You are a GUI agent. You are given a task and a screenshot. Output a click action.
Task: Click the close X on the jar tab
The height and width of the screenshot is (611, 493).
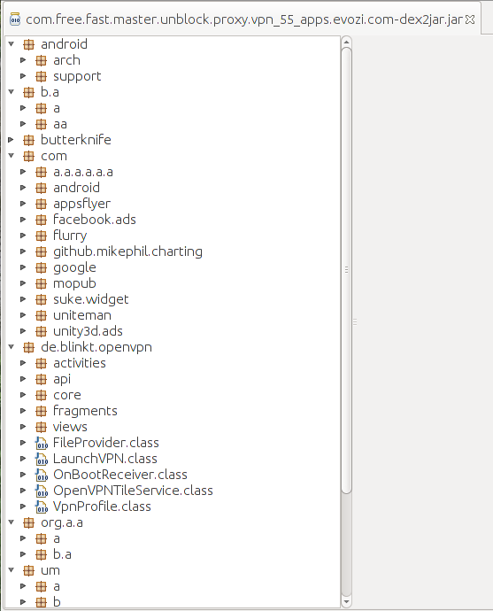click(470, 19)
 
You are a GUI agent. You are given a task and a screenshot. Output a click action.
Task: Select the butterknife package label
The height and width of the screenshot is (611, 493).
click(76, 140)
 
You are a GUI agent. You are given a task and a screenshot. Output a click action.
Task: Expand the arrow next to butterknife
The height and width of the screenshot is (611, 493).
click(11, 140)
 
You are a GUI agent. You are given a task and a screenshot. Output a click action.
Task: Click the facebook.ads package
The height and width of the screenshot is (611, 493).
click(95, 220)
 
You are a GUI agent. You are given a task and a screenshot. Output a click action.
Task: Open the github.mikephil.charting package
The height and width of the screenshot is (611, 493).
click(127, 251)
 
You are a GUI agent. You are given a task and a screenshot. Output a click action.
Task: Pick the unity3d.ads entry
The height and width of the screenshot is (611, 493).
click(88, 331)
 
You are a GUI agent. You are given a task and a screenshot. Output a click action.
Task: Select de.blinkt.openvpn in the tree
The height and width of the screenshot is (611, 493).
click(96, 347)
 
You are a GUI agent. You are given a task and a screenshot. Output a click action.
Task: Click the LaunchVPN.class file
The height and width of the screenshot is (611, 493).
click(105, 459)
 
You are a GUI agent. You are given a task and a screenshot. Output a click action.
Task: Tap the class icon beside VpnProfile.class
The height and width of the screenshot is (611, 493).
click(42, 507)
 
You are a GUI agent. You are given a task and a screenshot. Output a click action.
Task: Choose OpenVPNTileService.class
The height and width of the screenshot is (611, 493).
click(133, 491)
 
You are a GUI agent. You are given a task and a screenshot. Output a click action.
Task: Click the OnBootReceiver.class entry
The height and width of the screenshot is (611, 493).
click(120, 475)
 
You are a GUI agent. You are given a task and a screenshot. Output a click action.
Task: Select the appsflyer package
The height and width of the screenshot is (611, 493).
click(81, 204)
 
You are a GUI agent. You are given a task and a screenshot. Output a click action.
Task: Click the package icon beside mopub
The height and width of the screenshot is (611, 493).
click(41, 283)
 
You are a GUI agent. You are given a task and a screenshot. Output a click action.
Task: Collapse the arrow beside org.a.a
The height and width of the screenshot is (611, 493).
click(11, 522)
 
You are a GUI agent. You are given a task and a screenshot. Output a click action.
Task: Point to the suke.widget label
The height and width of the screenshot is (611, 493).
click(91, 299)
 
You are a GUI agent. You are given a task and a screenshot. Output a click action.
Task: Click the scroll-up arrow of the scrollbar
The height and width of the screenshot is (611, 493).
click(346, 43)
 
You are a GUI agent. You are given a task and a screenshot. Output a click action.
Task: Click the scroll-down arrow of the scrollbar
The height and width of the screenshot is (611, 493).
click(346, 601)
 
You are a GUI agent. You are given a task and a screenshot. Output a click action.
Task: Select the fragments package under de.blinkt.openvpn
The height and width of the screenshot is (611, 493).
click(85, 411)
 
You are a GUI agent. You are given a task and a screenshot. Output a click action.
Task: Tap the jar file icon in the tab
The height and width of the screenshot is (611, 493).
click(15, 19)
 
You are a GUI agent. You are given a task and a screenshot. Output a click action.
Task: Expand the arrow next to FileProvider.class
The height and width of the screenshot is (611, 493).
click(23, 443)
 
